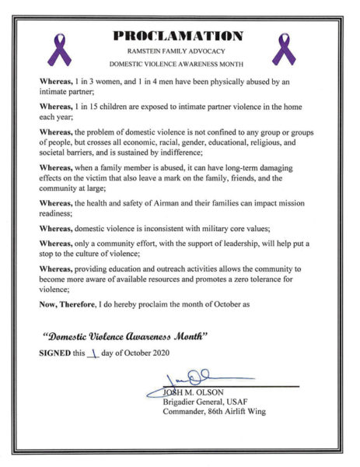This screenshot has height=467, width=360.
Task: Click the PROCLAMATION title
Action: point(180,36)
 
